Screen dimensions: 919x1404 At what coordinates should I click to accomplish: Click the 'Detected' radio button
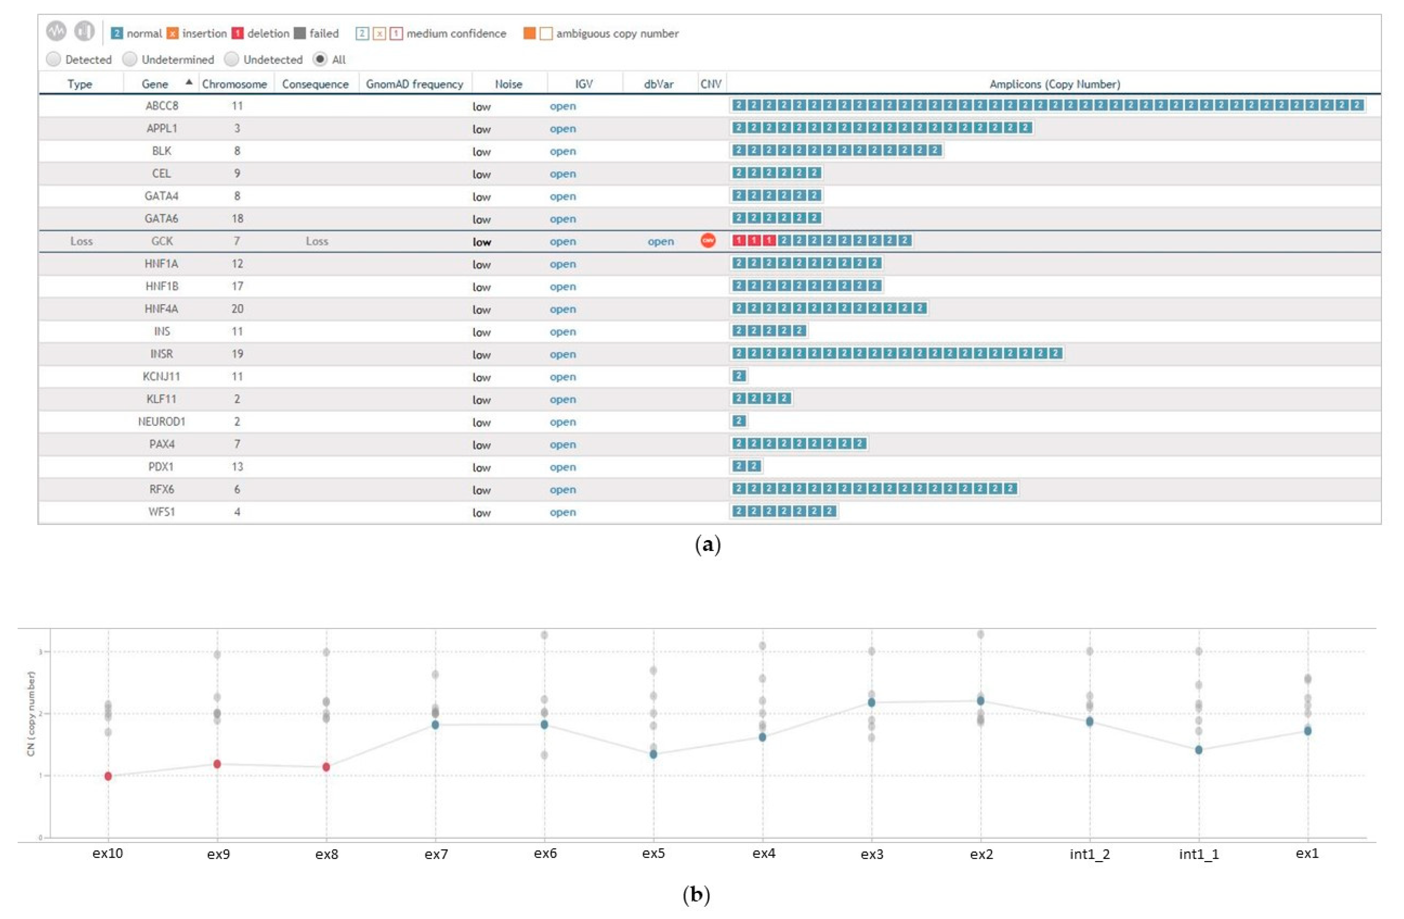[x=54, y=59]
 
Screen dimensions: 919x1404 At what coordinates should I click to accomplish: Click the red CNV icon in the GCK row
[x=708, y=241]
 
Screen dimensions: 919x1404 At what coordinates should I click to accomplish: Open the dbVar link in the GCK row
[x=660, y=241]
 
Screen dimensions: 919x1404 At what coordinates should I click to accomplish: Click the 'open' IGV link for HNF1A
[x=562, y=264]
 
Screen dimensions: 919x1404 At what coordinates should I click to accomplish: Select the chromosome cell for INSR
[x=237, y=354]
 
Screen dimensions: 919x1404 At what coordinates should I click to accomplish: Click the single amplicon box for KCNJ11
[x=739, y=376]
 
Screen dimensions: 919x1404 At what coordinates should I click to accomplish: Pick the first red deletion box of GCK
[x=739, y=240]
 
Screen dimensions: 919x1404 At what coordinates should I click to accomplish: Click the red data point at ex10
[x=108, y=776]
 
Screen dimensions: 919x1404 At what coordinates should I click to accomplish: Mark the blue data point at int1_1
[x=1199, y=750]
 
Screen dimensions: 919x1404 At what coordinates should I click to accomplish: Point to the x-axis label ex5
[x=653, y=853]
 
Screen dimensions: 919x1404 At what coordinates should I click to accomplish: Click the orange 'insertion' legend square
[x=172, y=34]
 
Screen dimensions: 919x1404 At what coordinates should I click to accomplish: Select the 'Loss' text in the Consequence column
[x=317, y=241]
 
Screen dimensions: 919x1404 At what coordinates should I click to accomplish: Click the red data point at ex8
[x=326, y=767]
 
